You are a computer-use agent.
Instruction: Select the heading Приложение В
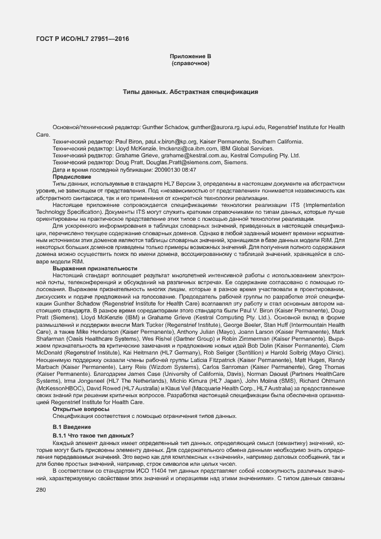point(190,55)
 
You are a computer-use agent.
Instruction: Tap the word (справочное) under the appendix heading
point(190,62)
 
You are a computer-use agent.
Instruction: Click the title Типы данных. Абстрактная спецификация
point(190,92)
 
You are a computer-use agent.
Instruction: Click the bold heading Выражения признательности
point(95,268)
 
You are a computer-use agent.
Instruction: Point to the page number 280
point(41,490)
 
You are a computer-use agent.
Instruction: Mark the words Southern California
point(277,141)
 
